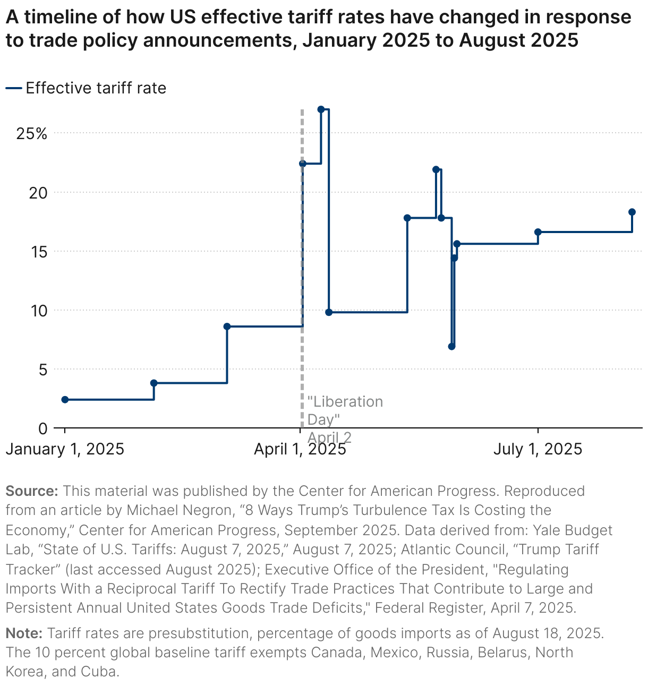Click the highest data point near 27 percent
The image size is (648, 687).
pyautogui.click(x=321, y=109)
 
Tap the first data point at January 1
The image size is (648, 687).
pyautogui.click(x=65, y=399)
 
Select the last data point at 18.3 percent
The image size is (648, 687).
pyautogui.click(x=632, y=212)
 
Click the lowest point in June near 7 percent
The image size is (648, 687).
pyautogui.click(x=451, y=347)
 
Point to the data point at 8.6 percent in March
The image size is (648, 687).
pyautogui.click(x=227, y=327)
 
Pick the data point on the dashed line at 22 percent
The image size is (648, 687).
pyautogui.click(x=302, y=164)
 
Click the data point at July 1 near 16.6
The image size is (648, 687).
pyautogui.click(x=538, y=232)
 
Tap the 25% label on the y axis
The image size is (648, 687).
pyautogui.click(x=32, y=134)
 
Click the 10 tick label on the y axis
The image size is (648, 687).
pyautogui.click(x=38, y=311)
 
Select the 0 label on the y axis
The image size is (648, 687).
pyautogui.click(x=43, y=428)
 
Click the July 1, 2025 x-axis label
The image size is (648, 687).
pyautogui.click(x=538, y=449)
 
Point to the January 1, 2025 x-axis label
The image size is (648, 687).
pyautogui.click(x=65, y=449)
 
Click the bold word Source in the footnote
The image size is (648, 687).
pyautogui.click(x=32, y=491)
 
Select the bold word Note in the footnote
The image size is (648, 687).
pyautogui.click(x=24, y=633)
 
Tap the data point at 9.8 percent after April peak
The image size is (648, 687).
pyautogui.click(x=329, y=312)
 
